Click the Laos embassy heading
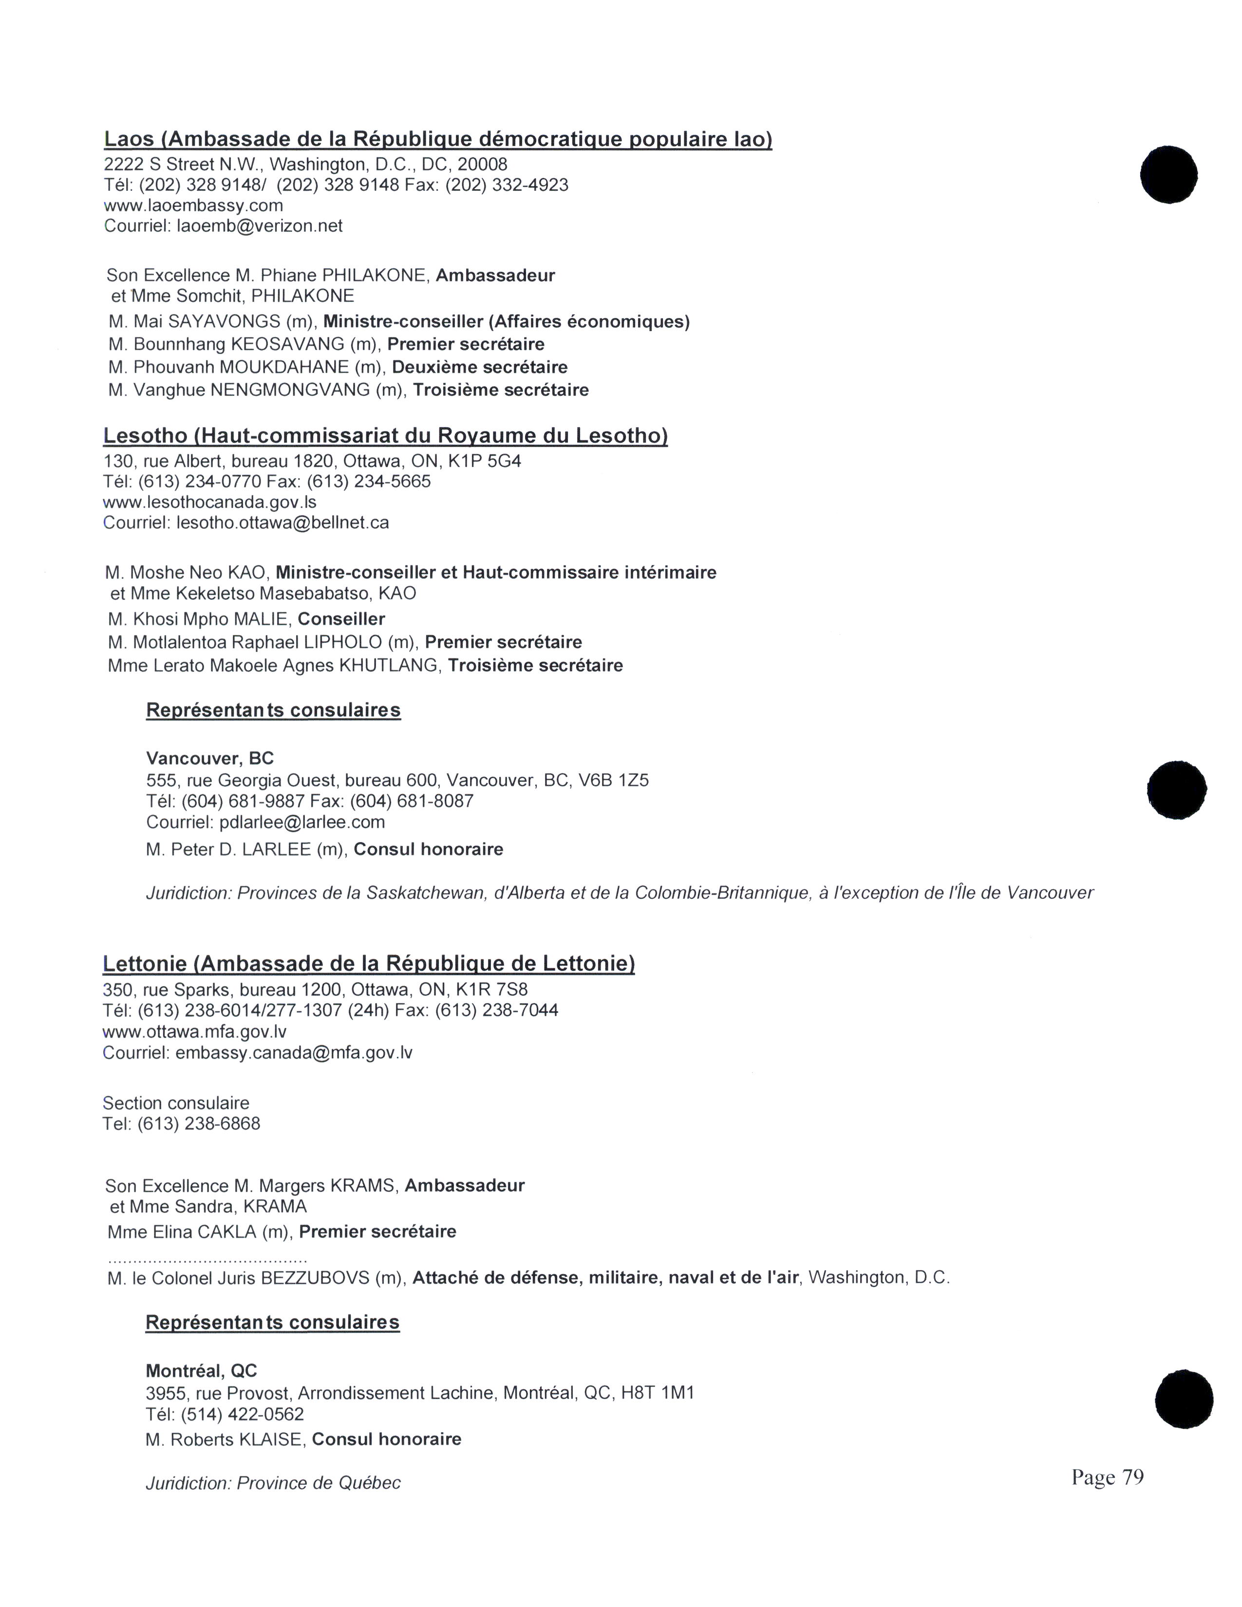[438, 139]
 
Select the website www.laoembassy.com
[193, 206]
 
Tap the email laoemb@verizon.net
[259, 226]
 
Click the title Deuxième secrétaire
[480, 367]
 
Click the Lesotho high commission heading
[385, 436]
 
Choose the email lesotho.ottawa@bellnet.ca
[282, 523]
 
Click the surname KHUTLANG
[389, 666]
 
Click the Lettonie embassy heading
[369, 963]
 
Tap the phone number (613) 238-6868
[199, 1123]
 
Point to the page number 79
[1132, 1477]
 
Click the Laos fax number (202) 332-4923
[506, 185]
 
